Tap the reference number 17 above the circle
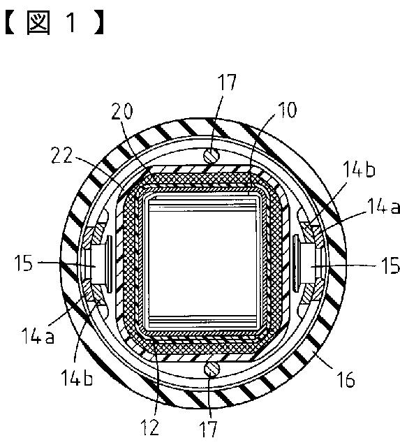pyautogui.click(x=227, y=82)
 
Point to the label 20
pyautogui.click(x=121, y=110)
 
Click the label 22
pyautogui.click(x=62, y=155)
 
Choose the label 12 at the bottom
pyautogui.click(x=149, y=427)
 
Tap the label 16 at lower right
pyautogui.click(x=346, y=379)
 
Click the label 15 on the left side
pyautogui.click(x=24, y=263)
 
